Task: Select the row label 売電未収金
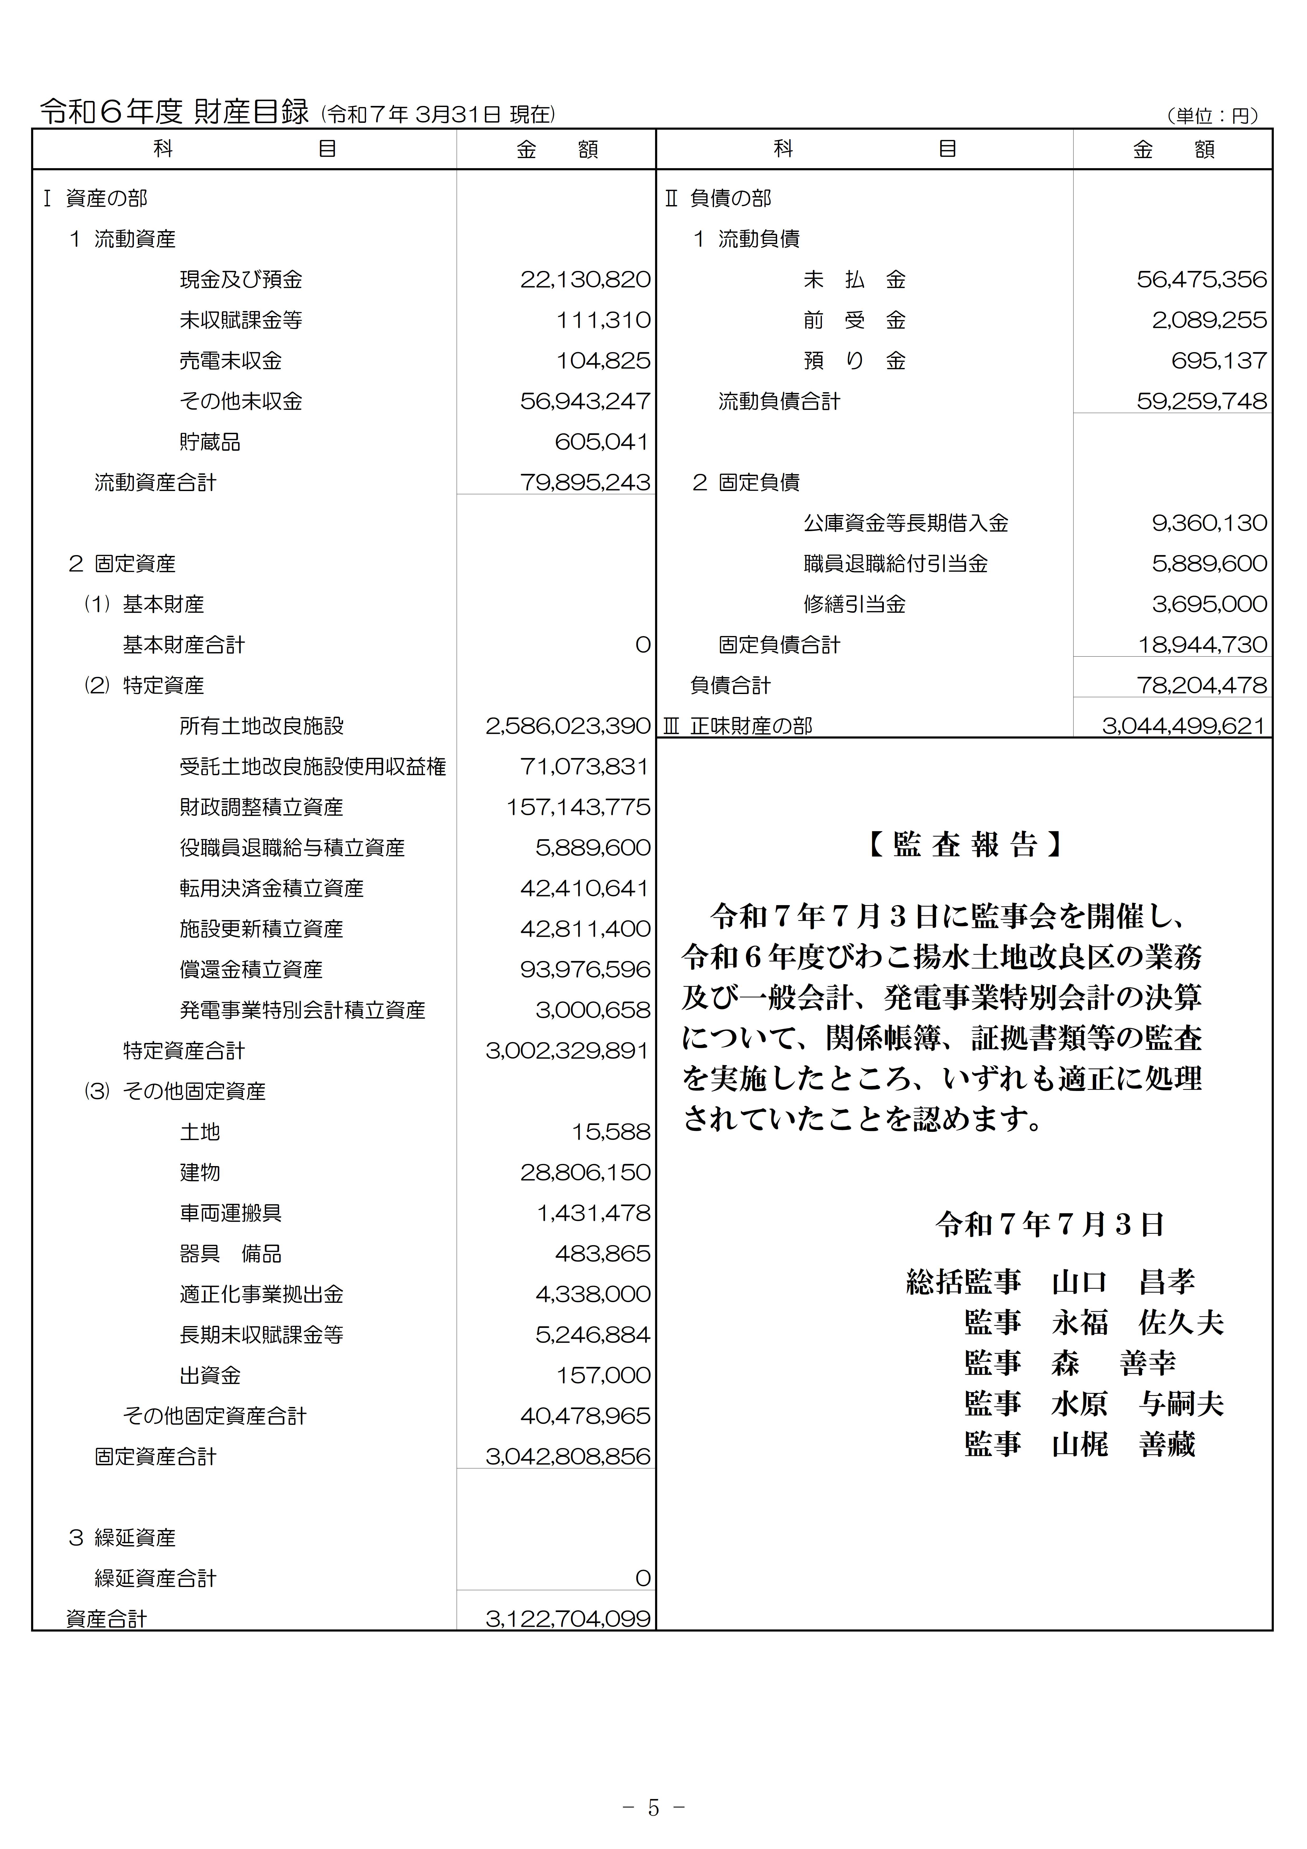point(230,361)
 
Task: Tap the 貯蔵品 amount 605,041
point(602,442)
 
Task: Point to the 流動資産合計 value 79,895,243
point(585,482)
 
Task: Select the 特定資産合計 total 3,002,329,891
point(567,1051)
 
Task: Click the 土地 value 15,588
point(611,1132)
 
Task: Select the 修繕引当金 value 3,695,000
point(1209,604)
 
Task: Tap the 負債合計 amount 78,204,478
point(1202,685)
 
